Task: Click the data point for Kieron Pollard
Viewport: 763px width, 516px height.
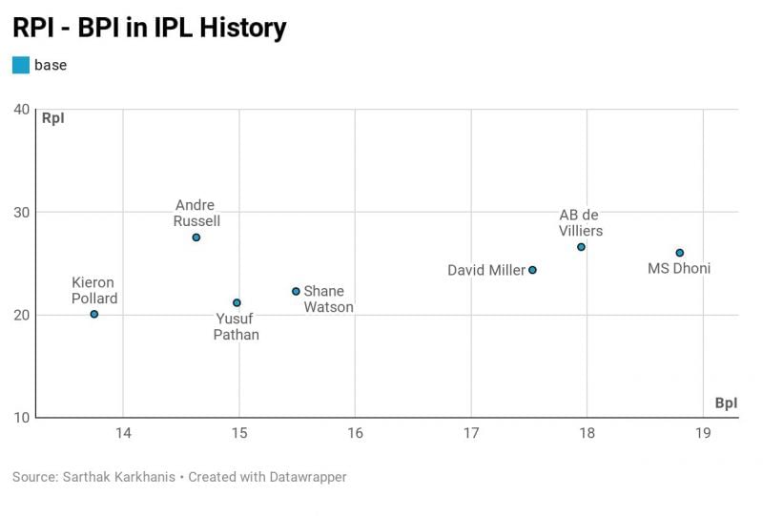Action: click(x=93, y=314)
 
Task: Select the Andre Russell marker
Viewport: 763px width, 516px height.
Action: click(x=196, y=237)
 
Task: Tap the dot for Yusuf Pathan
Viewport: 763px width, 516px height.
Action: click(x=237, y=302)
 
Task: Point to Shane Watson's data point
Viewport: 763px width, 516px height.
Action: click(x=296, y=291)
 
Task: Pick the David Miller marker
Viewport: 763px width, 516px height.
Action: click(x=532, y=270)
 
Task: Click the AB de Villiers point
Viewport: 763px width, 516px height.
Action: click(x=581, y=247)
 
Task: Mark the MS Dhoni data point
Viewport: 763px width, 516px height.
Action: click(x=679, y=253)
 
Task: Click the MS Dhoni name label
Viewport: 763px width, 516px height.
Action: click(x=679, y=269)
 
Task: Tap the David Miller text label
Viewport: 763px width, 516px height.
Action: click(x=486, y=271)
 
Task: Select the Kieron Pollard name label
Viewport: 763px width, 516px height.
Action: click(x=93, y=291)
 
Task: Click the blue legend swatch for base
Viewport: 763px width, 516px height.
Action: click(x=20, y=65)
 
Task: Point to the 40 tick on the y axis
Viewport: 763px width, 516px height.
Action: click(x=21, y=109)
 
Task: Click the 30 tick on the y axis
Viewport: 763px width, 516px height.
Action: click(x=21, y=212)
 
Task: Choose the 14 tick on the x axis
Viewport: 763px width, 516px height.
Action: click(x=122, y=433)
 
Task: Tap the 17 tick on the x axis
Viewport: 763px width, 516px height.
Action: click(x=471, y=433)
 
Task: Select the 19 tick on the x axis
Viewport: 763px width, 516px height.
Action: click(x=703, y=433)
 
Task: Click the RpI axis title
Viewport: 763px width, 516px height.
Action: click(x=53, y=118)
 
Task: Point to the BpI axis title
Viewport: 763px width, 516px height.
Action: click(x=726, y=403)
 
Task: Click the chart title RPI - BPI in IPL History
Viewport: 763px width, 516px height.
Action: click(x=149, y=28)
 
